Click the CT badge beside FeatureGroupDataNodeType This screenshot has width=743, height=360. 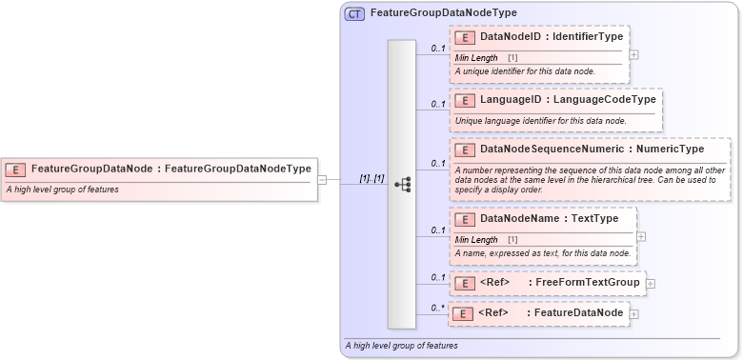coord(354,13)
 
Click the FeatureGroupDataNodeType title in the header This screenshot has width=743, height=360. coord(443,13)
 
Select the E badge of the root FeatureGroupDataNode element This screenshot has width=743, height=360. coord(15,170)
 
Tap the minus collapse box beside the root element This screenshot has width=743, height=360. coord(322,178)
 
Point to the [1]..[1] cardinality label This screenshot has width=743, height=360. coord(371,178)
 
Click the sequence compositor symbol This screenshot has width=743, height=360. coord(402,185)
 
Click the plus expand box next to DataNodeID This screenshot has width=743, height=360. coord(634,54)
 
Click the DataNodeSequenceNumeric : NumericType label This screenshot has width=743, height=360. coord(592,150)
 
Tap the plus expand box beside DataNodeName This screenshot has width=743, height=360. coord(641,236)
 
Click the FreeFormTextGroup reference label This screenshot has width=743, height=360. coord(586,283)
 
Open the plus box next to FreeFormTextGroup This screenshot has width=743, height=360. coord(651,283)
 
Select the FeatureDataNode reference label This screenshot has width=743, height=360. coord(578,312)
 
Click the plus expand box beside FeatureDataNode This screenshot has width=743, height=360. coord(634,313)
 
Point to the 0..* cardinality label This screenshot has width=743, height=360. coord(437,307)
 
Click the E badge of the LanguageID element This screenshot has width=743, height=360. coord(466,101)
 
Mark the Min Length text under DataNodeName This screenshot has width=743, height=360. coord(476,240)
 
